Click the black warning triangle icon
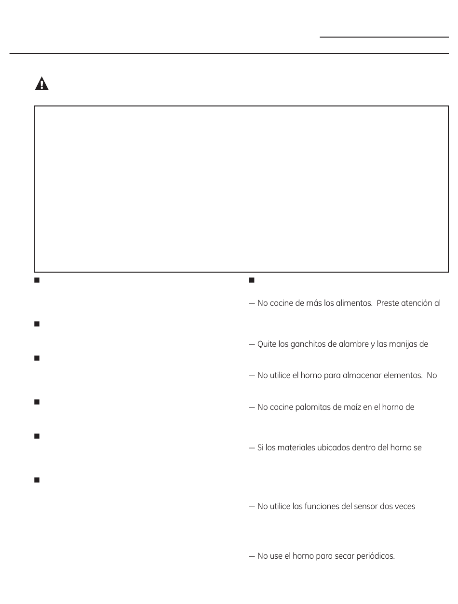click(x=42, y=84)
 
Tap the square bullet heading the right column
click(x=251, y=280)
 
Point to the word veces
click(x=405, y=507)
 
